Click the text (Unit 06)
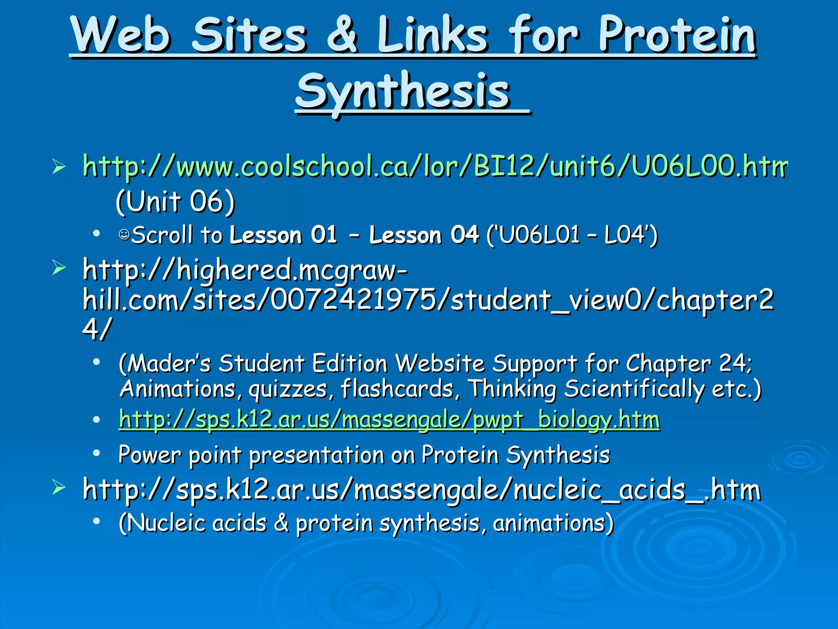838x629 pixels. pyautogui.click(x=175, y=201)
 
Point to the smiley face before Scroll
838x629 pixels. pyautogui.click(x=124, y=235)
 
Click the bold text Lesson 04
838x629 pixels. pyautogui.click(x=424, y=235)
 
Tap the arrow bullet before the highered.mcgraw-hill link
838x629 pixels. pyautogui.click(x=59, y=268)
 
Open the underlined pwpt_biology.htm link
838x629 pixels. pyautogui.click(x=389, y=419)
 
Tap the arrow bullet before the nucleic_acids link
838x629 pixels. pyautogui.click(x=59, y=488)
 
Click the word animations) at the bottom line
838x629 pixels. pyautogui.click(x=553, y=523)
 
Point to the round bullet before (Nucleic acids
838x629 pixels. pyautogui.click(x=97, y=521)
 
